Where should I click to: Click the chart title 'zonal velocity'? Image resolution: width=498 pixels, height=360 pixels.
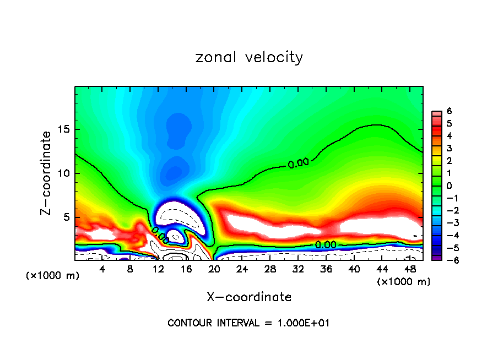(x=249, y=57)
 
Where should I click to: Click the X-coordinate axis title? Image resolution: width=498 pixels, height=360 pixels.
(x=249, y=297)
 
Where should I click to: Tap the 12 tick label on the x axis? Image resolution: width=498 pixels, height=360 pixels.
(x=159, y=269)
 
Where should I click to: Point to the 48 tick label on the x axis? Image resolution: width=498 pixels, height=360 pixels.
(x=410, y=269)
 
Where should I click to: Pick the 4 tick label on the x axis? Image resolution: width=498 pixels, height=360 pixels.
(x=102, y=269)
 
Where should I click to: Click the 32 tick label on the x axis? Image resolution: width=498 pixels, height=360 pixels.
(x=298, y=269)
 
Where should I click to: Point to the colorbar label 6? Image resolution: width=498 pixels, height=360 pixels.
(x=449, y=111)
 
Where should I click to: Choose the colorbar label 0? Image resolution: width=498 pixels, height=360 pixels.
(x=449, y=186)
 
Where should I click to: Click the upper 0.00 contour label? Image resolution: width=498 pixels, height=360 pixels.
(x=298, y=163)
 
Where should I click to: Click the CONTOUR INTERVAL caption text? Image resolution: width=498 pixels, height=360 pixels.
(x=248, y=323)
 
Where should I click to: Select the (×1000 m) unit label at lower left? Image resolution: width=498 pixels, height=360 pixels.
(x=53, y=276)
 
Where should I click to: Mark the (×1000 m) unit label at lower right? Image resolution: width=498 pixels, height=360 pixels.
(x=403, y=282)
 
